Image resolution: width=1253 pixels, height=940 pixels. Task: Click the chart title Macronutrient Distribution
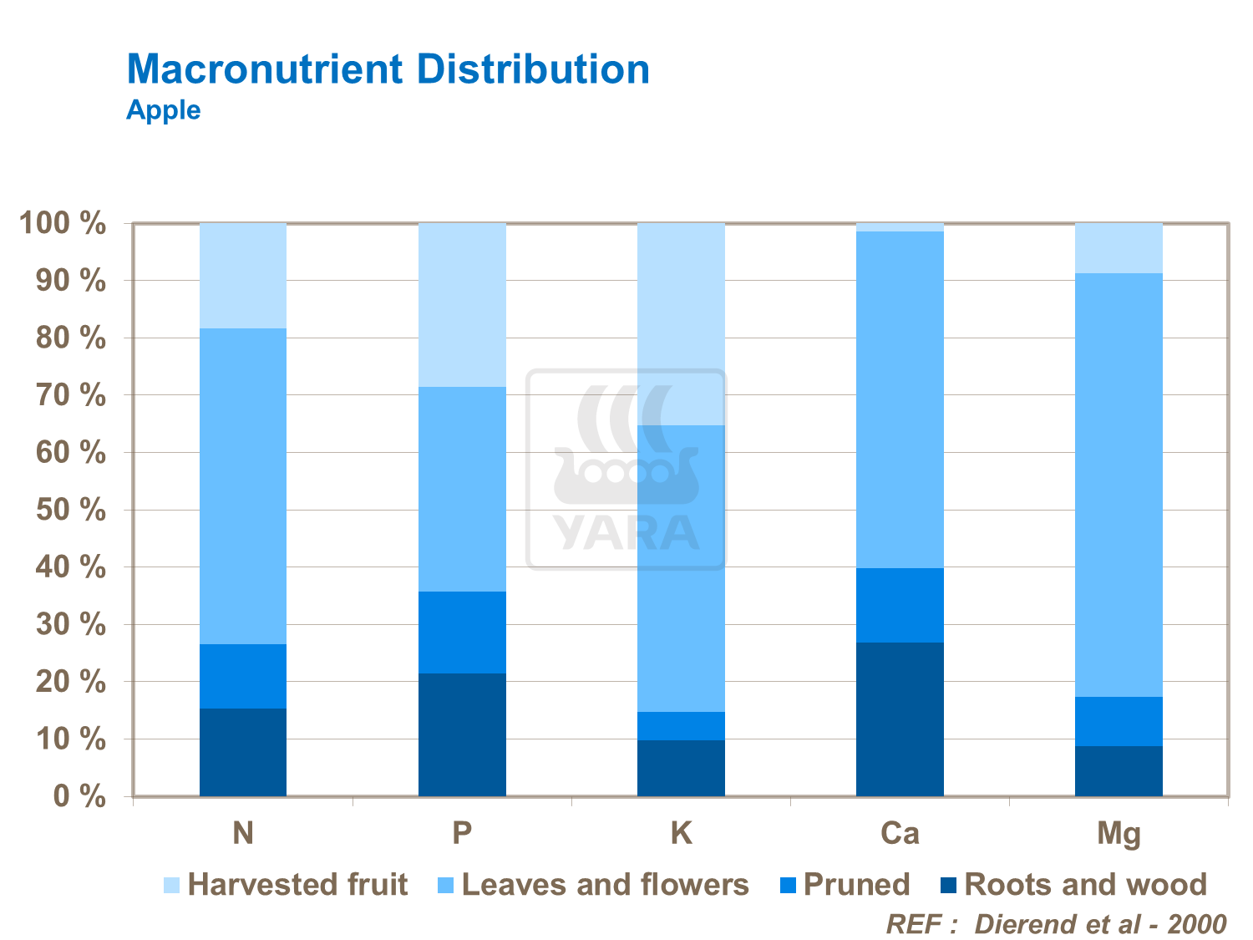pyautogui.click(x=388, y=69)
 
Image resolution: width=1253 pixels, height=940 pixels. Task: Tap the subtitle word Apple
pyautogui.click(x=164, y=110)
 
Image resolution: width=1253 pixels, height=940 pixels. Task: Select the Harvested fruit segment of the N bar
pyautogui.click(x=243, y=276)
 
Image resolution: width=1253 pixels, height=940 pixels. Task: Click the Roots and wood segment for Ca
pyautogui.click(x=900, y=719)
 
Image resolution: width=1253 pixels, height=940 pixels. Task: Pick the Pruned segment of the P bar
pyautogui.click(x=462, y=633)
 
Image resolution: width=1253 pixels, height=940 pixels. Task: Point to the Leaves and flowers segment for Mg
pyautogui.click(x=1119, y=485)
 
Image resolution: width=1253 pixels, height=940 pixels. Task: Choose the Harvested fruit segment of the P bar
pyautogui.click(x=462, y=305)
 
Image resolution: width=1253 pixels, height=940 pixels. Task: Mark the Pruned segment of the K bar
pyautogui.click(x=681, y=726)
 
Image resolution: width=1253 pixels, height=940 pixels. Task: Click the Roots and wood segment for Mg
pyautogui.click(x=1119, y=770)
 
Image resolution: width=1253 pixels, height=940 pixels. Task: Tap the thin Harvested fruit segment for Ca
pyautogui.click(x=900, y=227)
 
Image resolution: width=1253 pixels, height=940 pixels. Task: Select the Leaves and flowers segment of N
pyautogui.click(x=243, y=486)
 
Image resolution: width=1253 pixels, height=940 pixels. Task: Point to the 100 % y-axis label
pyautogui.click(x=63, y=224)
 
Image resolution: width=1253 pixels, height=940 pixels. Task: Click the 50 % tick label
pyautogui.click(x=70, y=510)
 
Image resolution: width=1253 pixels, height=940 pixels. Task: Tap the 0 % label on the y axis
pyautogui.click(x=79, y=796)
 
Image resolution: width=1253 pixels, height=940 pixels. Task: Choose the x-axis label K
pyautogui.click(x=681, y=833)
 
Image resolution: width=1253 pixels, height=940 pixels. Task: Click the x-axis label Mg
pyautogui.click(x=1119, y=834)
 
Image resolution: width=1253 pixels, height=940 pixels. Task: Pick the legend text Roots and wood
pyautogui.click(x=1085, y=885)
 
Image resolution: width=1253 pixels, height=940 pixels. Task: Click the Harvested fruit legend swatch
pyautogui.click(x=171, y=885)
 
